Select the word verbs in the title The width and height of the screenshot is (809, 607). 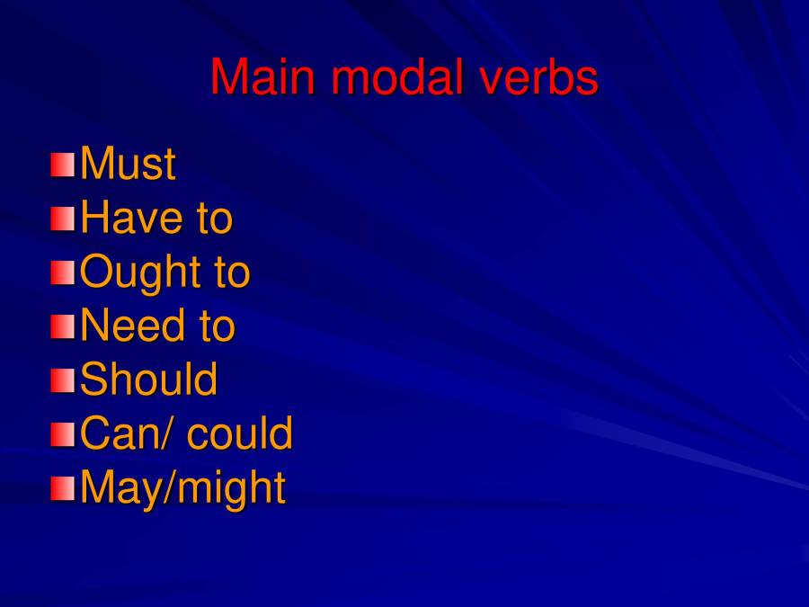click(539, 77)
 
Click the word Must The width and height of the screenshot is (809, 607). click(128, 164)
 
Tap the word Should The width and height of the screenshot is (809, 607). click(149, 379)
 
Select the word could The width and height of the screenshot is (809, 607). click(240, 433)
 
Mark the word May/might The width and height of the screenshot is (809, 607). click(183, 487)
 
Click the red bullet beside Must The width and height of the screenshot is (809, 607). click(63, 165)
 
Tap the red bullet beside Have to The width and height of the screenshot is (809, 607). click(63, 219)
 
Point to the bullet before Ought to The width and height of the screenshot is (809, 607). click(63, 272)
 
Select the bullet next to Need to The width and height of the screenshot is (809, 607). click(63, 326)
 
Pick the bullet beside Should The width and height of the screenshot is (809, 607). click(63, 380)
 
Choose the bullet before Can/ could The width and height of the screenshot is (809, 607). click(63, 434)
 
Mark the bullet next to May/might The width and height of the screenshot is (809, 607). click(63, 488)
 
